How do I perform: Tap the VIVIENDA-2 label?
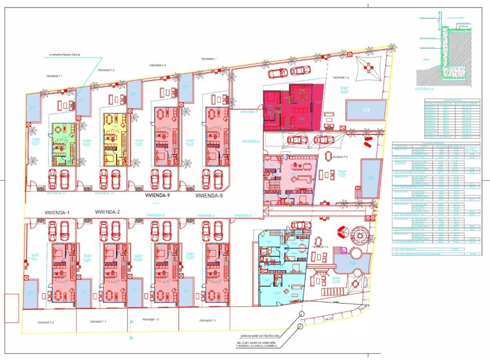[x=107, y=213]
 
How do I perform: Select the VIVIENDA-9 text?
[x=158, y=196]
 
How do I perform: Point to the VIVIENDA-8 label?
[x=209, y=196]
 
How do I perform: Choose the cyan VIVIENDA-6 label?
[x=252, y=141]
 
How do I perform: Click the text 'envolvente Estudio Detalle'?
[x=64, y=55]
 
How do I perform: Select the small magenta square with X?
[x=344, y=251]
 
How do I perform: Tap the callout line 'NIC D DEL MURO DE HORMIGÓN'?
[x=260, y=341]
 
